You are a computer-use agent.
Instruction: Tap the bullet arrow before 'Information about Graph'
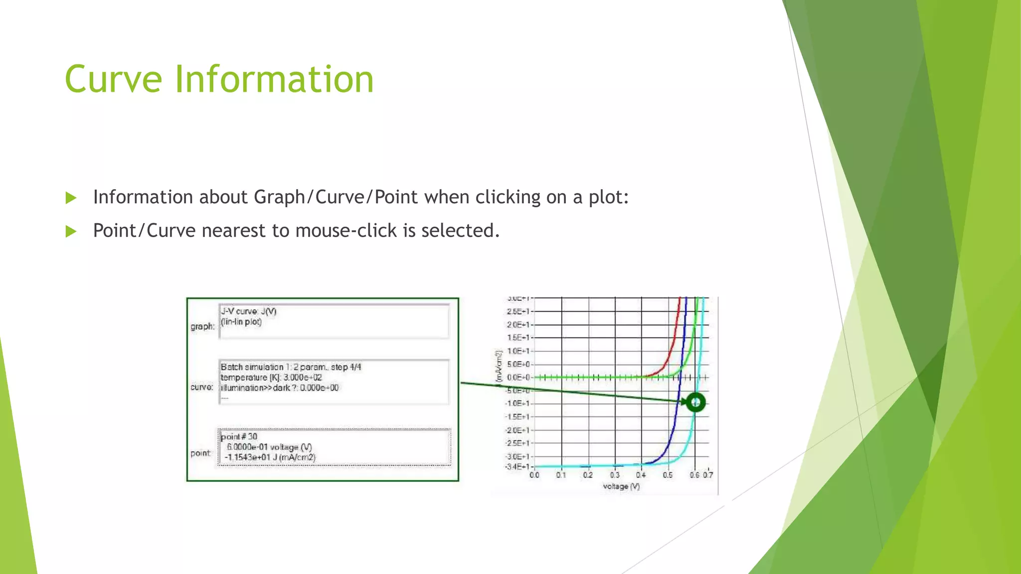pos(71,198)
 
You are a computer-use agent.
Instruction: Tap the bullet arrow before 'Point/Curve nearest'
pos(71,231)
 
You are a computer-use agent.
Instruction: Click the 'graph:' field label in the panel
pos(202,326)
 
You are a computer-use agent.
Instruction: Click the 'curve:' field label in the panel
pos(202,387)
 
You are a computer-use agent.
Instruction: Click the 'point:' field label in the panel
pos(200,453)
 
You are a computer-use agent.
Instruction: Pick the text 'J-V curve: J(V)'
pos(248,311)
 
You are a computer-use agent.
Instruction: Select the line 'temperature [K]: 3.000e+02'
pos(271,377)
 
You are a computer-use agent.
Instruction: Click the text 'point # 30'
pos(239,436)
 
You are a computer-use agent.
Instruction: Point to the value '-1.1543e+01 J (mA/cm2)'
pos(270,457)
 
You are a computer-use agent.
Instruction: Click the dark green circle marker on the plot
pos(695,402)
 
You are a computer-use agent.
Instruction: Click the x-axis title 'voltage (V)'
pos(621,486)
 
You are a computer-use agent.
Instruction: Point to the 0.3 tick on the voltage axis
pos(615,475)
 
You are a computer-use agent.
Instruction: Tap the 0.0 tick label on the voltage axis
pos(534,475)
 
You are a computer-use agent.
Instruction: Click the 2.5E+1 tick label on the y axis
pos(518,311)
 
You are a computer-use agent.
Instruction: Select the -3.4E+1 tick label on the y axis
pos(517,467)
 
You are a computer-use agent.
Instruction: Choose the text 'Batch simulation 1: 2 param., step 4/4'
pos(291,367)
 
